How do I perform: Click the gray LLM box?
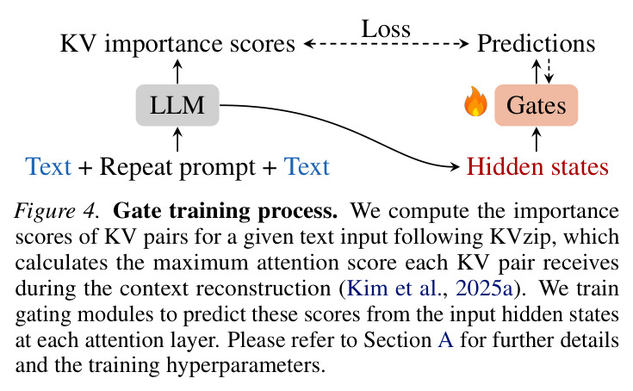[177, 105]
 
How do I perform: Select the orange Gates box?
[536, 105]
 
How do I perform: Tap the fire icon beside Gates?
[475, 102]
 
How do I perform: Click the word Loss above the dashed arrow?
[386, 29]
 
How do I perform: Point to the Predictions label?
[536, 44]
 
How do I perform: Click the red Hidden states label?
[537, 166]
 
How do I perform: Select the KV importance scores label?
[177, 44]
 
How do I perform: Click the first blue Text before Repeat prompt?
[48, 166]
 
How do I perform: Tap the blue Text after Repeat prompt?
[307, 166]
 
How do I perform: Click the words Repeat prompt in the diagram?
[177, 168]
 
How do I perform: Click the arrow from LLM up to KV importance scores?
[177, 71]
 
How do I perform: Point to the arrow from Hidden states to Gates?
[536, 140]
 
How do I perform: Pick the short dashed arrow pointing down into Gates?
[549, 71]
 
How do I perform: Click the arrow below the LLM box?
[177, 140]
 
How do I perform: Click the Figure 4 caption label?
[57, 211]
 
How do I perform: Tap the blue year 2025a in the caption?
[484, 289]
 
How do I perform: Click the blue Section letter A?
[445, 339]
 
